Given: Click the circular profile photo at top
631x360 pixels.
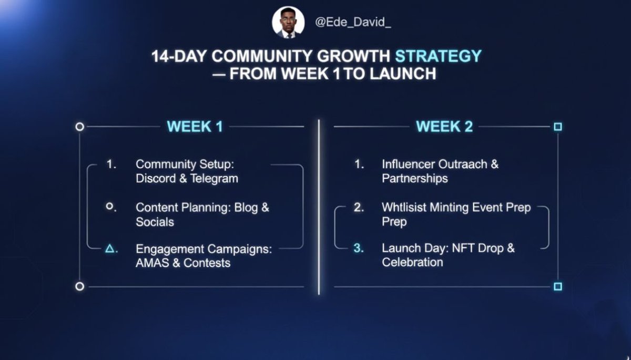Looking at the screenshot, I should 288,23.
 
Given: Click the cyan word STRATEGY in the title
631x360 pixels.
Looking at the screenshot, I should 439,56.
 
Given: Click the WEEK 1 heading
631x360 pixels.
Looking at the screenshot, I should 195,127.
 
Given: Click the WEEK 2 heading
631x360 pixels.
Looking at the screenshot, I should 444,127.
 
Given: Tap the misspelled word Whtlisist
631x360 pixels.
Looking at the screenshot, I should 404,208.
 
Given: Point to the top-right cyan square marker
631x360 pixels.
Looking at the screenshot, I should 558,127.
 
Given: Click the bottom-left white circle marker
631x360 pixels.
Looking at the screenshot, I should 80,286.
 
